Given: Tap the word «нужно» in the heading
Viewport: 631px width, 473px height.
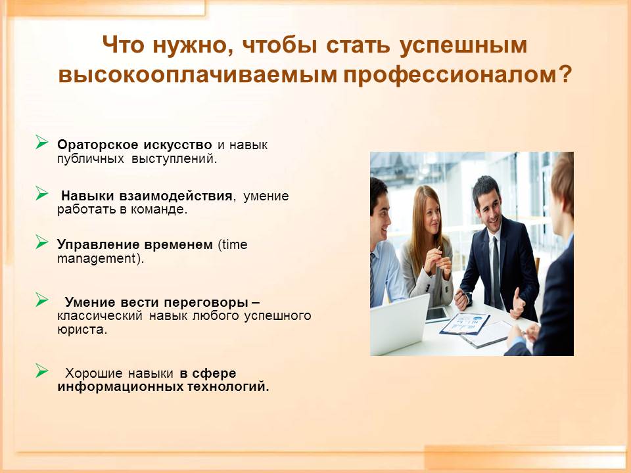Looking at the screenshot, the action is click(189, 45).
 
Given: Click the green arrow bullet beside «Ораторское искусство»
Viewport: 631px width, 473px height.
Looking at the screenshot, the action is click(41, 142).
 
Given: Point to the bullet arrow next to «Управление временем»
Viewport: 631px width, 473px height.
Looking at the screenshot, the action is click(41, 242).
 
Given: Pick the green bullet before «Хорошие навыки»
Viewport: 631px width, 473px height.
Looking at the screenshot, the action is click(41, 371).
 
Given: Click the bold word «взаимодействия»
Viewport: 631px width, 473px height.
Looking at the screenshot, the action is click(175, 196).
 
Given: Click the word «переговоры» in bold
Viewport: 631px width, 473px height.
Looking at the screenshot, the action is click(206, 302).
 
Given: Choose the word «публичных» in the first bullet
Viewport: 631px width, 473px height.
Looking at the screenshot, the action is click(91, 159).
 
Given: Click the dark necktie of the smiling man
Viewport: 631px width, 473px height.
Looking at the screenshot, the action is click(497, 273).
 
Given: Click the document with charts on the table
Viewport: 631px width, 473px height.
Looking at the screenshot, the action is click(465, 324).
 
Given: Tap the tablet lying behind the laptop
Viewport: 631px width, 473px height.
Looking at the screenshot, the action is click(437, 315).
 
